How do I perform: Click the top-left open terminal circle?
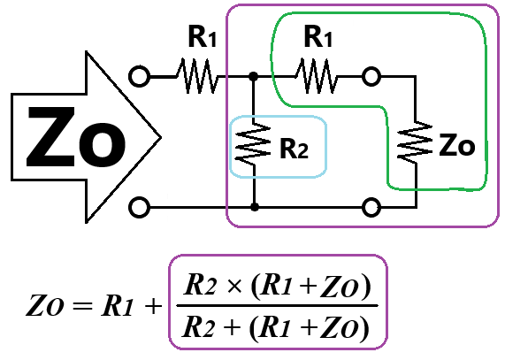(139, 76)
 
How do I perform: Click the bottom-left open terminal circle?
(139, 207)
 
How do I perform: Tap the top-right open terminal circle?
(371, 77)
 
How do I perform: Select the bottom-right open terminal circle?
(371, 207)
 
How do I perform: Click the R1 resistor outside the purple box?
(197, 76)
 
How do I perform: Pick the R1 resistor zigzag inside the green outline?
(317, 76)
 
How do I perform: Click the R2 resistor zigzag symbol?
(254, 144)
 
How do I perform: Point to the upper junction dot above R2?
(254, 76)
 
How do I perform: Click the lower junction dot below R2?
(255, 207)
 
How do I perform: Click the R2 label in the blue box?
(294, 149)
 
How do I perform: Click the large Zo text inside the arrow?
(76, 137)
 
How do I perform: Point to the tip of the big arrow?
(161, 137)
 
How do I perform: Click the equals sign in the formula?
(82, 306)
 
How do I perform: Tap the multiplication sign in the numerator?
(234, 286)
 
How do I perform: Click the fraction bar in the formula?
(278, 305)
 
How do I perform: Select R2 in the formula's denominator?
(197, 326)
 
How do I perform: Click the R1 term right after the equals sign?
(117, 305)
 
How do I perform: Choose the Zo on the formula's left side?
(44, 305)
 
